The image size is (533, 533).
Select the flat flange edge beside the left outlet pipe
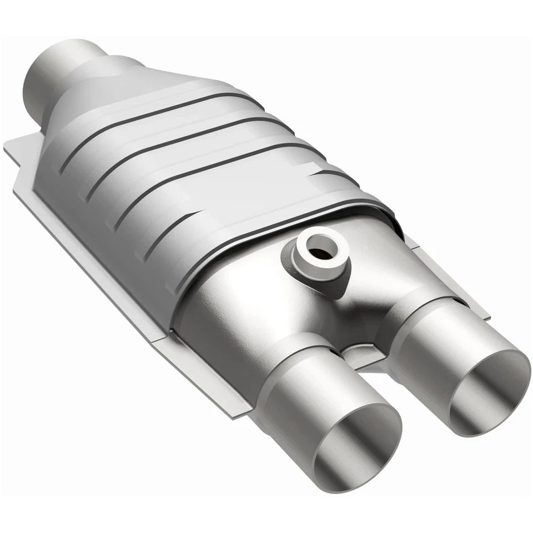coord(222,383)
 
